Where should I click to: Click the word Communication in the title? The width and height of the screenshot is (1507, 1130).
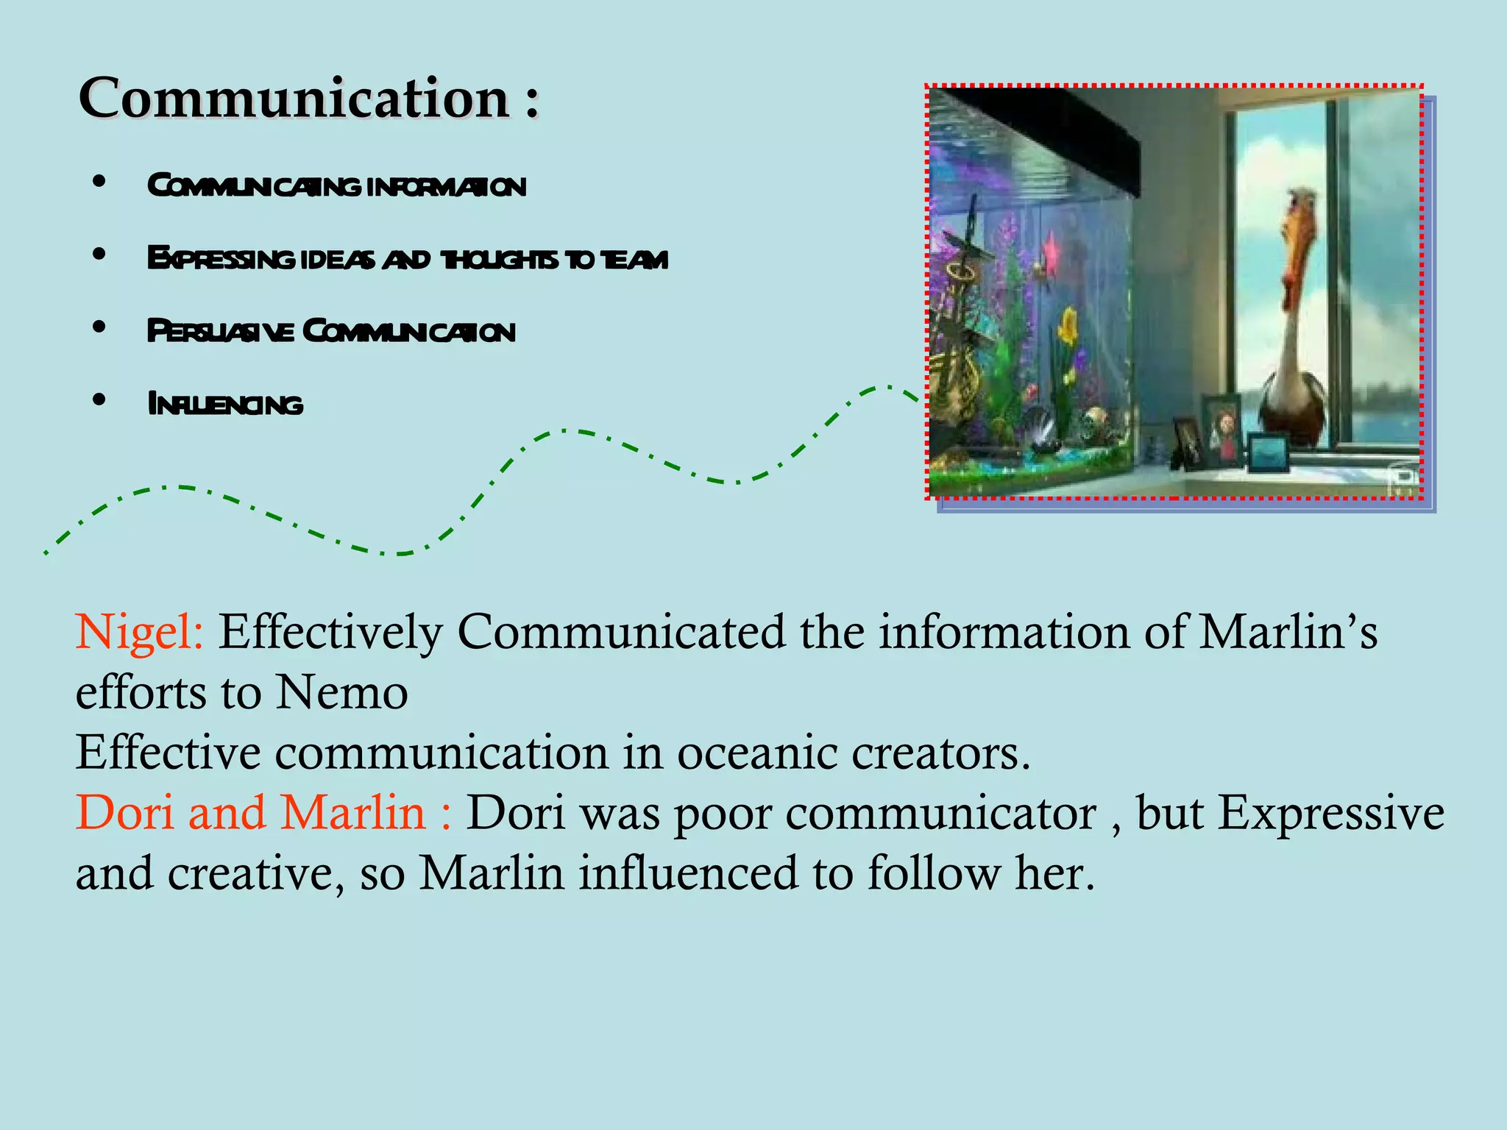(x=294, y=98)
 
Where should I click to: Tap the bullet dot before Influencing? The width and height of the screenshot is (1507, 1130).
(x=99, y=400)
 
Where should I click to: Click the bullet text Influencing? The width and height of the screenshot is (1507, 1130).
(x=225, y=405)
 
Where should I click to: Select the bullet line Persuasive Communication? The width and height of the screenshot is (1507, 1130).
(x=331, y=332)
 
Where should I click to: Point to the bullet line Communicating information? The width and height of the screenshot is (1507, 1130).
(x=336, y=186)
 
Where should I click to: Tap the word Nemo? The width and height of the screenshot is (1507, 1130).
(x=342, y=692)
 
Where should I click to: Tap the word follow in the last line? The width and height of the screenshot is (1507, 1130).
(x=934, y=873)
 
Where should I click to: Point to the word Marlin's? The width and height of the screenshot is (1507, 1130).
(x=1288, y=632)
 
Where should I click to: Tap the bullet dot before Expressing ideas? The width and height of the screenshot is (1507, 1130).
(x=99, y=255)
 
